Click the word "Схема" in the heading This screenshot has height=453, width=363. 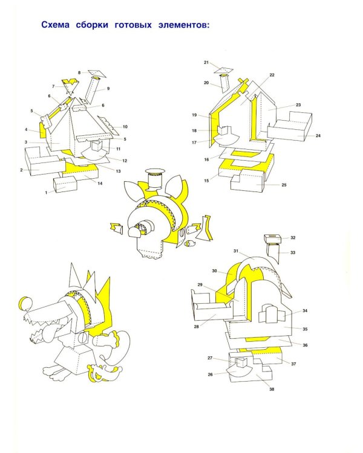point(55,25)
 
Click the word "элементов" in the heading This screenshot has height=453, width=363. point(183,25)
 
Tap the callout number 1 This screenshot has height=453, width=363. point(46,193)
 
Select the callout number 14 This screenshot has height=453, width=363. point(100,183)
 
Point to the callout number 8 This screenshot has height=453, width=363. point(79,72)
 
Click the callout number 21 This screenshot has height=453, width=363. point(206,62)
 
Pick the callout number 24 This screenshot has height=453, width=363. point(318,135)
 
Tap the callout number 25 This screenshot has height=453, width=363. point(284,185)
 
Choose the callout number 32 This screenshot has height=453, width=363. point(293,237)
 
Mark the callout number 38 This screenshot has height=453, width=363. point(272,389)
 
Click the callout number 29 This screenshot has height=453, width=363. point(200,284)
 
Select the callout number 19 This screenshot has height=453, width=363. point(194,115)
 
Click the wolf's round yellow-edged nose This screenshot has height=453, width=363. point(25,303)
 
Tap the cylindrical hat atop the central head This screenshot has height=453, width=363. point(155,179)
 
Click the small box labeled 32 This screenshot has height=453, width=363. point(273,239)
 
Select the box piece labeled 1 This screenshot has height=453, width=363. point(65,184)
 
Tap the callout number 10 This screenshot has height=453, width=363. point(125,127)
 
